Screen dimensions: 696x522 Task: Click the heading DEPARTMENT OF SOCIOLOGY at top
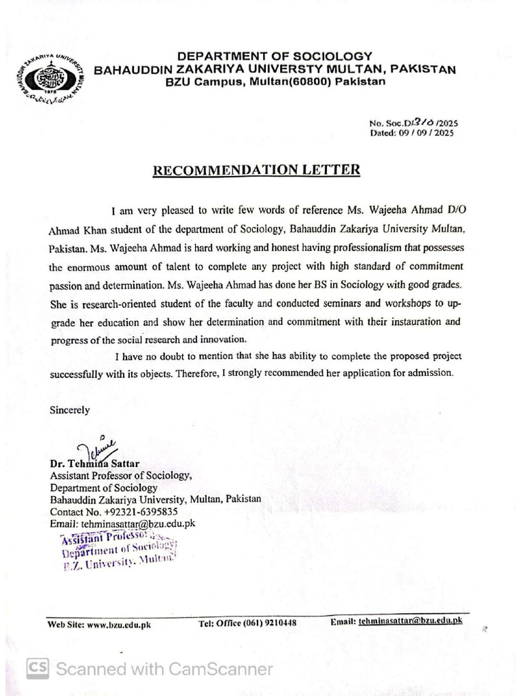[x=275, y=56]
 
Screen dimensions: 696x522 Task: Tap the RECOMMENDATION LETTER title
[x=256, y=170]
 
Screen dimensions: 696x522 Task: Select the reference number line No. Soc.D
[x=414, y=123]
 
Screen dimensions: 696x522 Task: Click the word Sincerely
[x=69, y=410]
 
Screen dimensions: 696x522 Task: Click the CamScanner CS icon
[x=38, y=669]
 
